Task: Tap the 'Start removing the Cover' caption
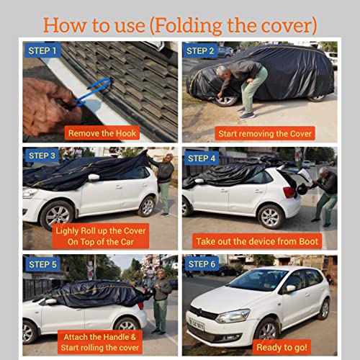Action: click(258, 133)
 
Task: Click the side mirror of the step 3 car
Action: click(93, 177)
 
